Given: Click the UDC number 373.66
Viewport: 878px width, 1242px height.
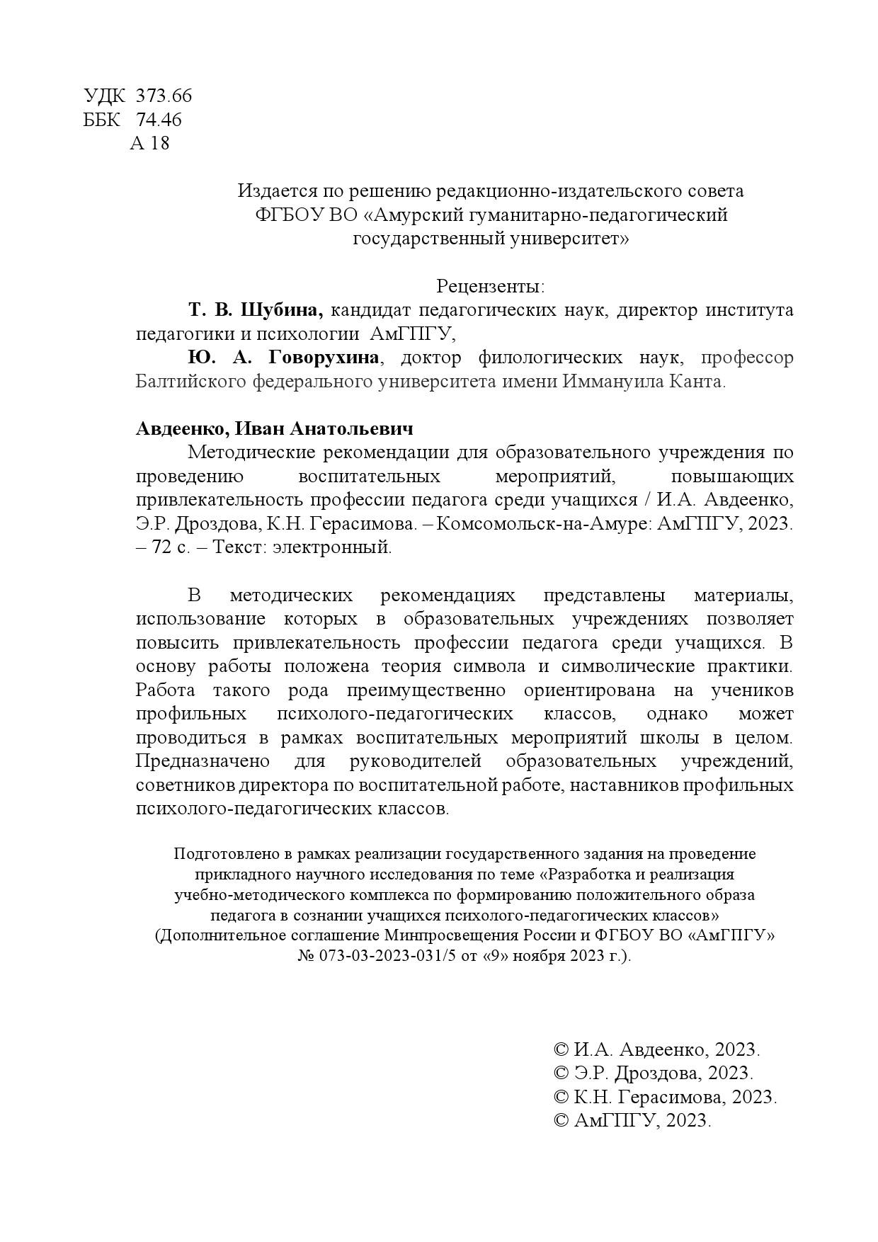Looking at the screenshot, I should [x=164, y=96].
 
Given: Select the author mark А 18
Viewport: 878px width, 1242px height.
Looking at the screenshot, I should [x=150, y=144].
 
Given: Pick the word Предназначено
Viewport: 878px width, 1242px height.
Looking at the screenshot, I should [x=203, y=761].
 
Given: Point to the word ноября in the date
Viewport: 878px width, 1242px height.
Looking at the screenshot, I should [x=537, y=955].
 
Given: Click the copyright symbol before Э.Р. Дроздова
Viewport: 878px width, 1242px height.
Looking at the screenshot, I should [x=560, y=1073].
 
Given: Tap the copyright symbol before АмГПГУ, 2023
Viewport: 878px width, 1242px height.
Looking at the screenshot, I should [x=560, y=1121].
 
